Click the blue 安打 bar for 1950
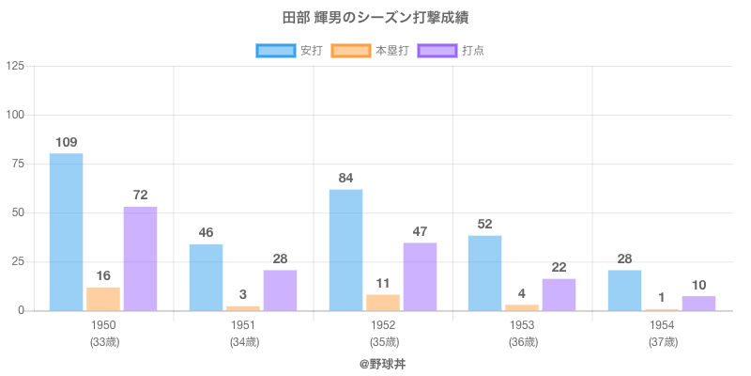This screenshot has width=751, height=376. click(66, 231)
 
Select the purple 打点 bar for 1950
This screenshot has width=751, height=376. click(140, 258)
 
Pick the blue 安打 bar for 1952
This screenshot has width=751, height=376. click(345, 250)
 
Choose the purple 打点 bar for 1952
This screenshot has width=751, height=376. click(420, 276)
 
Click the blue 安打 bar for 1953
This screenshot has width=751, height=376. click(484, 273)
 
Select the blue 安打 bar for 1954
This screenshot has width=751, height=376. click(624, 290)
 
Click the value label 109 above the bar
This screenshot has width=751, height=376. click(66, 142)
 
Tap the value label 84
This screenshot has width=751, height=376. click(345, 178)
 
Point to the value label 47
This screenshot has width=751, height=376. click(420, 231)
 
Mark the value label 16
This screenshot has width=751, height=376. click(103, 275)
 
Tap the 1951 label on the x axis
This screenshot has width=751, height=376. click(243, 325)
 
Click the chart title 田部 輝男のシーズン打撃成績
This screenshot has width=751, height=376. click(375, 18)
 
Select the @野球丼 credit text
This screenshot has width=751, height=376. click(382, 363)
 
